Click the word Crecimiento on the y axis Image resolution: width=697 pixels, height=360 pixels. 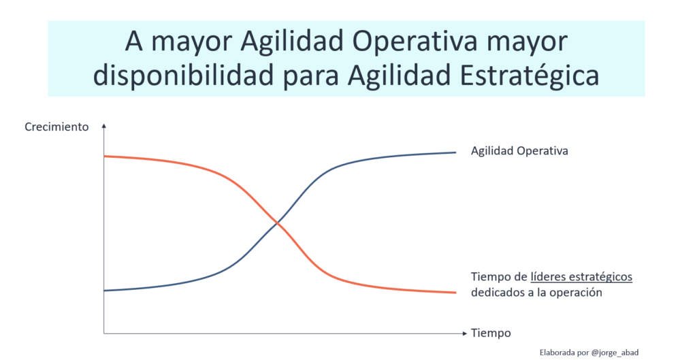click(x=56, y=127)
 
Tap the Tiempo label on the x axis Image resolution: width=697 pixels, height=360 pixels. click(x=491, y=333)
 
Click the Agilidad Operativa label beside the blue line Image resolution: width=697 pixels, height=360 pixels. click(x=519, y=151)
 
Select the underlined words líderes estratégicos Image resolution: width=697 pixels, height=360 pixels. click(x=581, y=277)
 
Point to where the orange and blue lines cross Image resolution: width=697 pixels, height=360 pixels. click(x=278, y=223)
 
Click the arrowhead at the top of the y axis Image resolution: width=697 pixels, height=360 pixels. click(x=104, y=126)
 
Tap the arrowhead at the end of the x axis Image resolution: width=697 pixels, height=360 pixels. click(x=465, y=333)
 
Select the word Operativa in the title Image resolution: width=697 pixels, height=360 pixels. click(x=415, y=42)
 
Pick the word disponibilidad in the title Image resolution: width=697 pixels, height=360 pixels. click(x=183, y=75)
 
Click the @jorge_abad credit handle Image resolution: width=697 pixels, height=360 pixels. click(x=615, y=353)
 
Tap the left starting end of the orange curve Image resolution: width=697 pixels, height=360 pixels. click(x=104, y=157)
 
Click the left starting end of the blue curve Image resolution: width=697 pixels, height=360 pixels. click(x=104, y=291)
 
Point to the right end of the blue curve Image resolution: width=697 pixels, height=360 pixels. click(x=455, y=152)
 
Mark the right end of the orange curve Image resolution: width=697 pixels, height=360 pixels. click(x=455, y=293)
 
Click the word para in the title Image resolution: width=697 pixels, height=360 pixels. click(x=311, y=76)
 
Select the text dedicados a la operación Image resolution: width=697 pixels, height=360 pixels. click(x=536, y=293)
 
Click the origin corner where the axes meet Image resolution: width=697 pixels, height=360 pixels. click(x=104, y=333)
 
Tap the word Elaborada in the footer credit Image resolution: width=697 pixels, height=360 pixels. click(x=557, y=353)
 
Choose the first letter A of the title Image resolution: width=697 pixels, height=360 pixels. click(x=134, y=42)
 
